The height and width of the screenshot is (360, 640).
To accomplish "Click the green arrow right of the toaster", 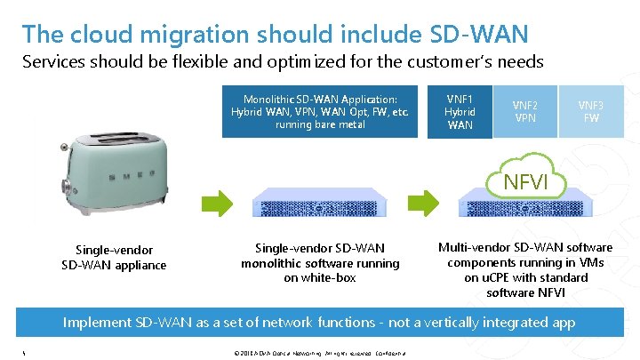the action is point(216,203).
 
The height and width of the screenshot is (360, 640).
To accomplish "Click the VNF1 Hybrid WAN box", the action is point(460,112).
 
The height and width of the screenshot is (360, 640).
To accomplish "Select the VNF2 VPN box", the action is point(524,111).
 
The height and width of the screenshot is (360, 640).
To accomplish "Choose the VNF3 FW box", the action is point(590,111).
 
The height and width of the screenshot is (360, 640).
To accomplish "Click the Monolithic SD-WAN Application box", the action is point(320,112).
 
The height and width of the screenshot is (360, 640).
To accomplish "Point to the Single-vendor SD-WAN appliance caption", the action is point(114,258).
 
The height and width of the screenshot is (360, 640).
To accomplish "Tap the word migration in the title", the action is point(177,35).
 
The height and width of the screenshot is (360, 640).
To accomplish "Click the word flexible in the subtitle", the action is point(212,62).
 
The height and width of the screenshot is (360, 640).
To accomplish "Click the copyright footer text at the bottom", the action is point(317,353).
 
